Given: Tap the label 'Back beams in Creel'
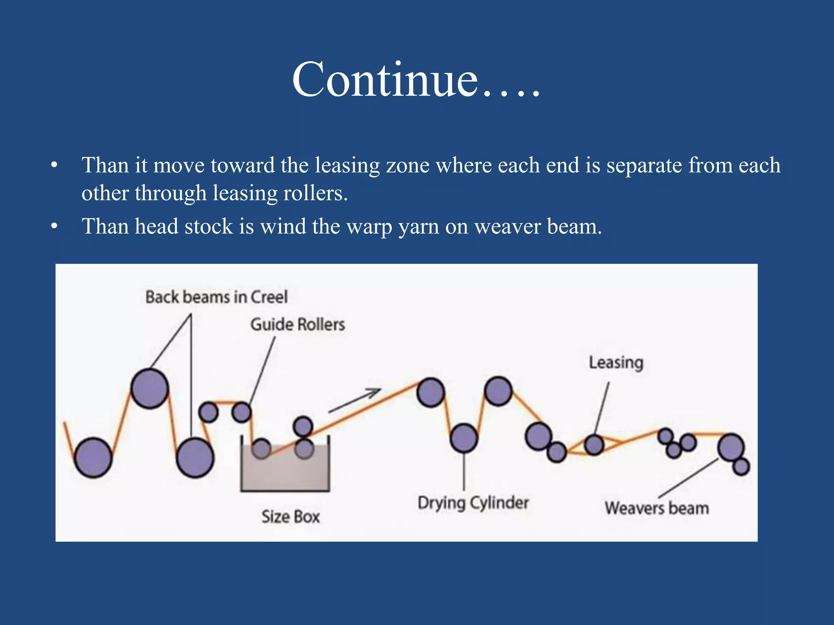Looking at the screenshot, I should (x=216, y=297).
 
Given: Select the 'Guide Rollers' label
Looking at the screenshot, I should (x=297, y=325).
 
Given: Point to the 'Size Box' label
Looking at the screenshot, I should (x=290, y=517).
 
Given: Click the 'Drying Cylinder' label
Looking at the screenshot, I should (x=473, y=503).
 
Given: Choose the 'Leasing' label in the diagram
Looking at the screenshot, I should (x=616, y=363).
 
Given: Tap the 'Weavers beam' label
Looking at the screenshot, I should (x=656, y=508).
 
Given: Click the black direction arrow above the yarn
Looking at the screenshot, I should (x=354, y=400).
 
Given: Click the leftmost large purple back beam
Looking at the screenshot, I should (x=93, y=458).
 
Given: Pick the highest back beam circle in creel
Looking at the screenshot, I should (x=150, y=389).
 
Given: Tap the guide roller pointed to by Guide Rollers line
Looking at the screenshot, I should (x=241, y=412).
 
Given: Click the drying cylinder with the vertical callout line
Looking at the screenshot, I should (x=464, y=438).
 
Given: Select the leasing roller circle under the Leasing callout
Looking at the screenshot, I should (x=594, y=445).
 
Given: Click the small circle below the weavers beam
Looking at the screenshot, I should (x=741, y=466).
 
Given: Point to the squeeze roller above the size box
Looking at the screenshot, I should (x=303, y=427).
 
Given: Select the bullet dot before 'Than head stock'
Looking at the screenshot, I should (x=55, y=226).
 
